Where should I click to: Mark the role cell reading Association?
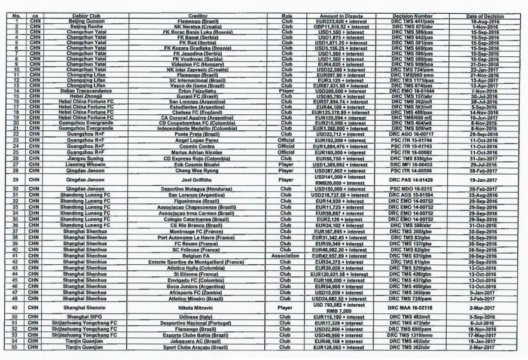285,255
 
